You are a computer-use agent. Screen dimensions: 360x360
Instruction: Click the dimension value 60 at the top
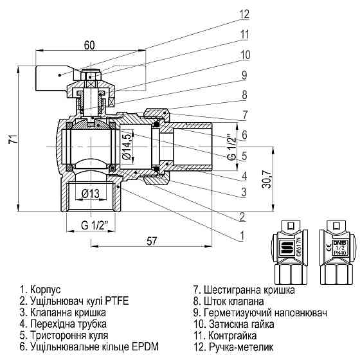(90, 45)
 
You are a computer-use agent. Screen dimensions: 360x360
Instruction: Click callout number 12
(244, 14)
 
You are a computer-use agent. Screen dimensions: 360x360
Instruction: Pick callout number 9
(244, 75)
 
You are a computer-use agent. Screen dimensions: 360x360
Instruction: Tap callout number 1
(242, 235)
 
